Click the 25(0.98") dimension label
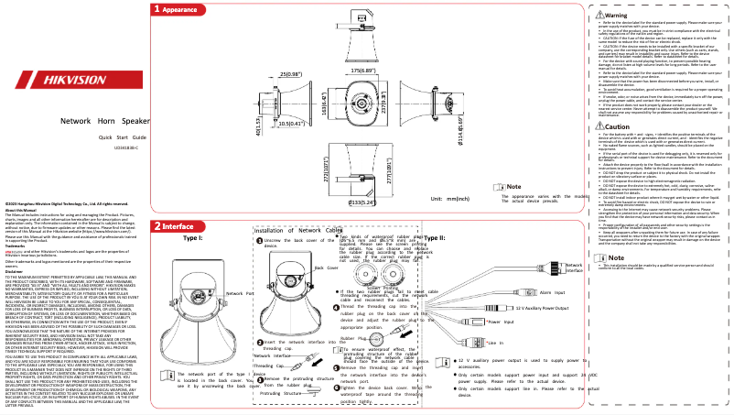point(240,72)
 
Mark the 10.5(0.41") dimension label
point(240,122)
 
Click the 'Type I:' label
point(194,238)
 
